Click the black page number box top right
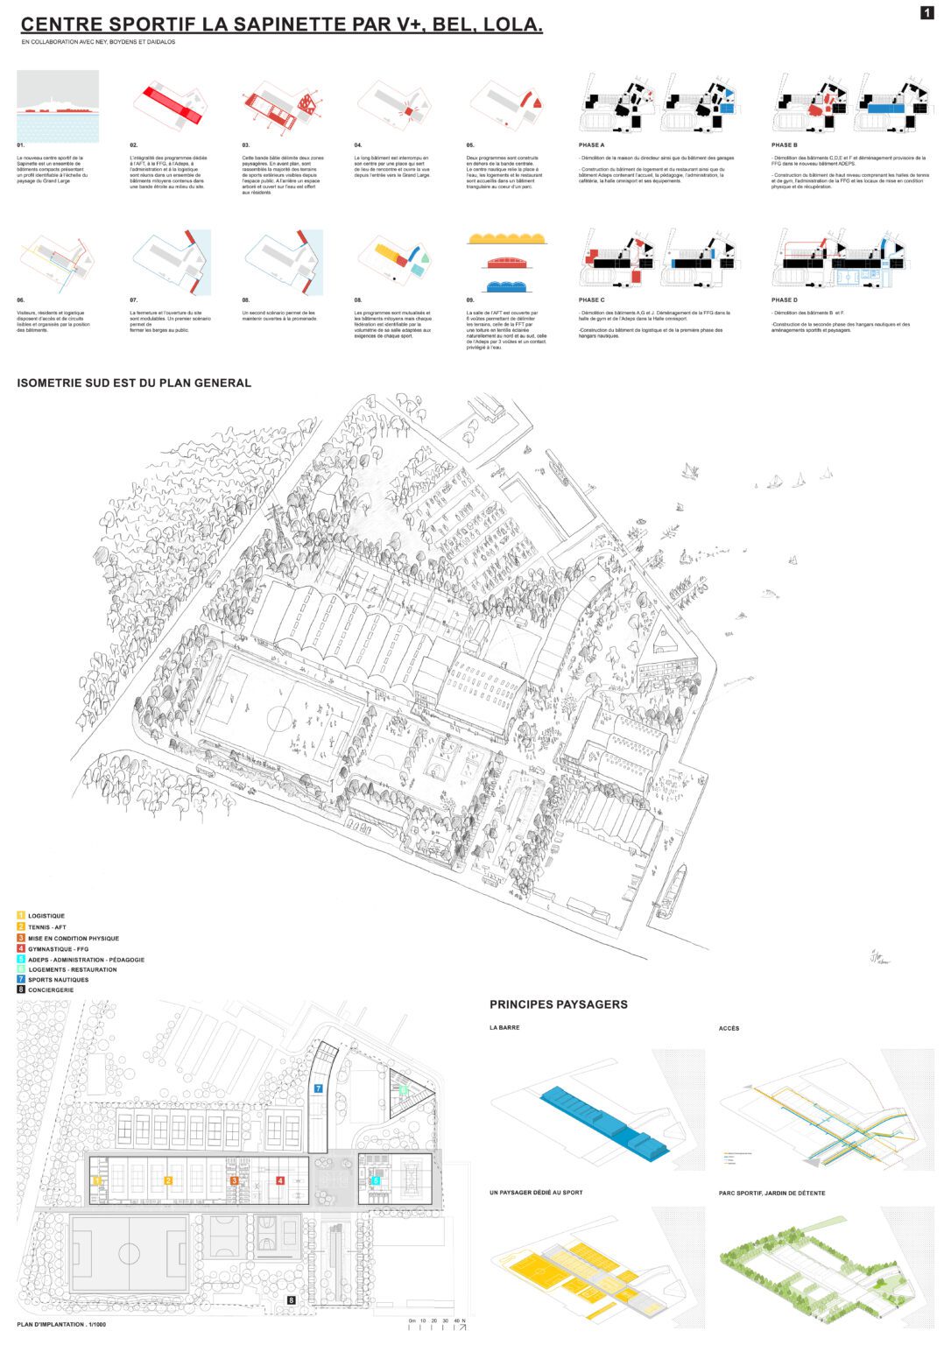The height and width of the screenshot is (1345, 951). (x=927, y=12)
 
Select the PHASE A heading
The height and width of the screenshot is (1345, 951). (x=591, y=144)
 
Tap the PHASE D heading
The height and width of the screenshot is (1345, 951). (x=784, y=299)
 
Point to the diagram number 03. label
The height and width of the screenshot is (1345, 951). (x=246, y=144)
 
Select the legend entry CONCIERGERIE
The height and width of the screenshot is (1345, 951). (x=51, y=989)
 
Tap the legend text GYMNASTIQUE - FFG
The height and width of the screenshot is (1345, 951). (x=58, y=949)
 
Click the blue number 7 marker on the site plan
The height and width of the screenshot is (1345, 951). (x=319, y=1088)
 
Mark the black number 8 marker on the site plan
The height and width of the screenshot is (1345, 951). (x=292, y=1300)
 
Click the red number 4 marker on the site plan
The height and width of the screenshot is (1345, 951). (x=280, y=1180)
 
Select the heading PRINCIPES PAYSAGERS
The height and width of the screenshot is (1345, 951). (x=558, y=1004)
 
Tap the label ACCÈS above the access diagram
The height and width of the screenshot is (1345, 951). (x=729, y=1028)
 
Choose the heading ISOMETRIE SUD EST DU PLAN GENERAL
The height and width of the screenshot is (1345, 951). (x=134, y=383)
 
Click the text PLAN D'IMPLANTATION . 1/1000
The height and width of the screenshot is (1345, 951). (x=61, y=1324)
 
